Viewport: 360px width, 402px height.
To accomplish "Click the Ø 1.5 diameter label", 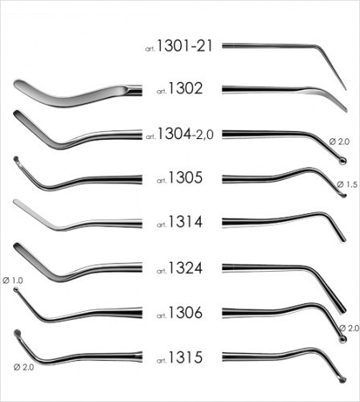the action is (x=347, y=184).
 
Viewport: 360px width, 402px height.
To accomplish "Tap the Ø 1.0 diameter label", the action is (x=13, y=281).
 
